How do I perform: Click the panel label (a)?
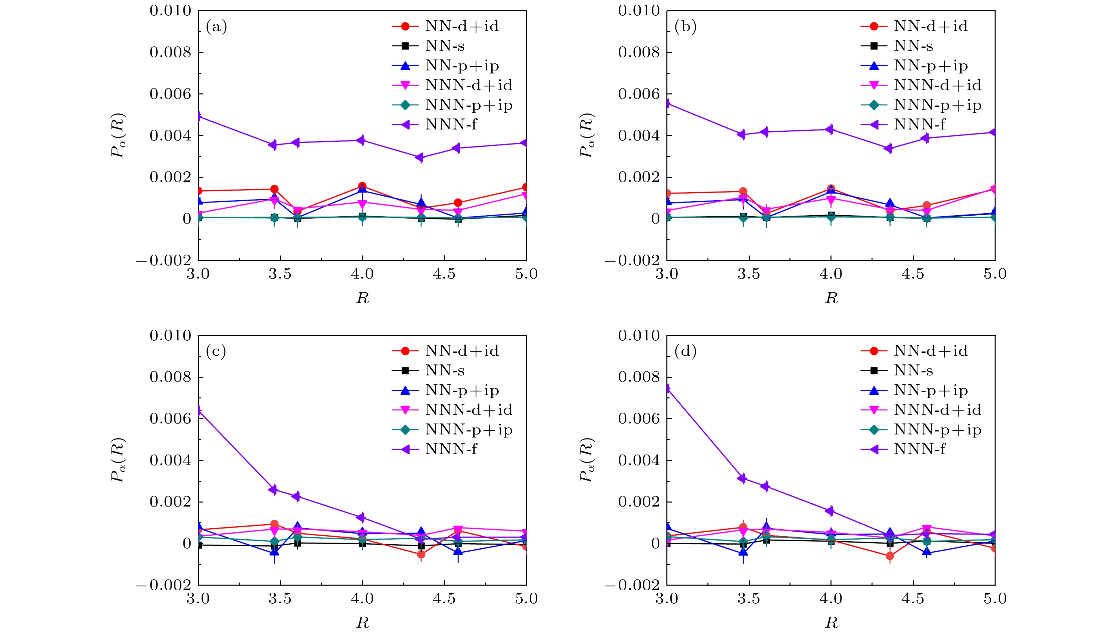[x=216, y=27]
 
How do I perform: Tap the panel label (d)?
[x=685, y=351]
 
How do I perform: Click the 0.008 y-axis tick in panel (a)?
[x=170, y=52]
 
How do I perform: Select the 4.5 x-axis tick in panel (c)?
[x=444, y=599]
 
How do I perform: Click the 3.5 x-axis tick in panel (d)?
[x=749, y=599]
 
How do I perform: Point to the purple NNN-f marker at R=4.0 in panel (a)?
[x=361, y=140]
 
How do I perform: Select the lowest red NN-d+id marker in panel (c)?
[x=421, y=554]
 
